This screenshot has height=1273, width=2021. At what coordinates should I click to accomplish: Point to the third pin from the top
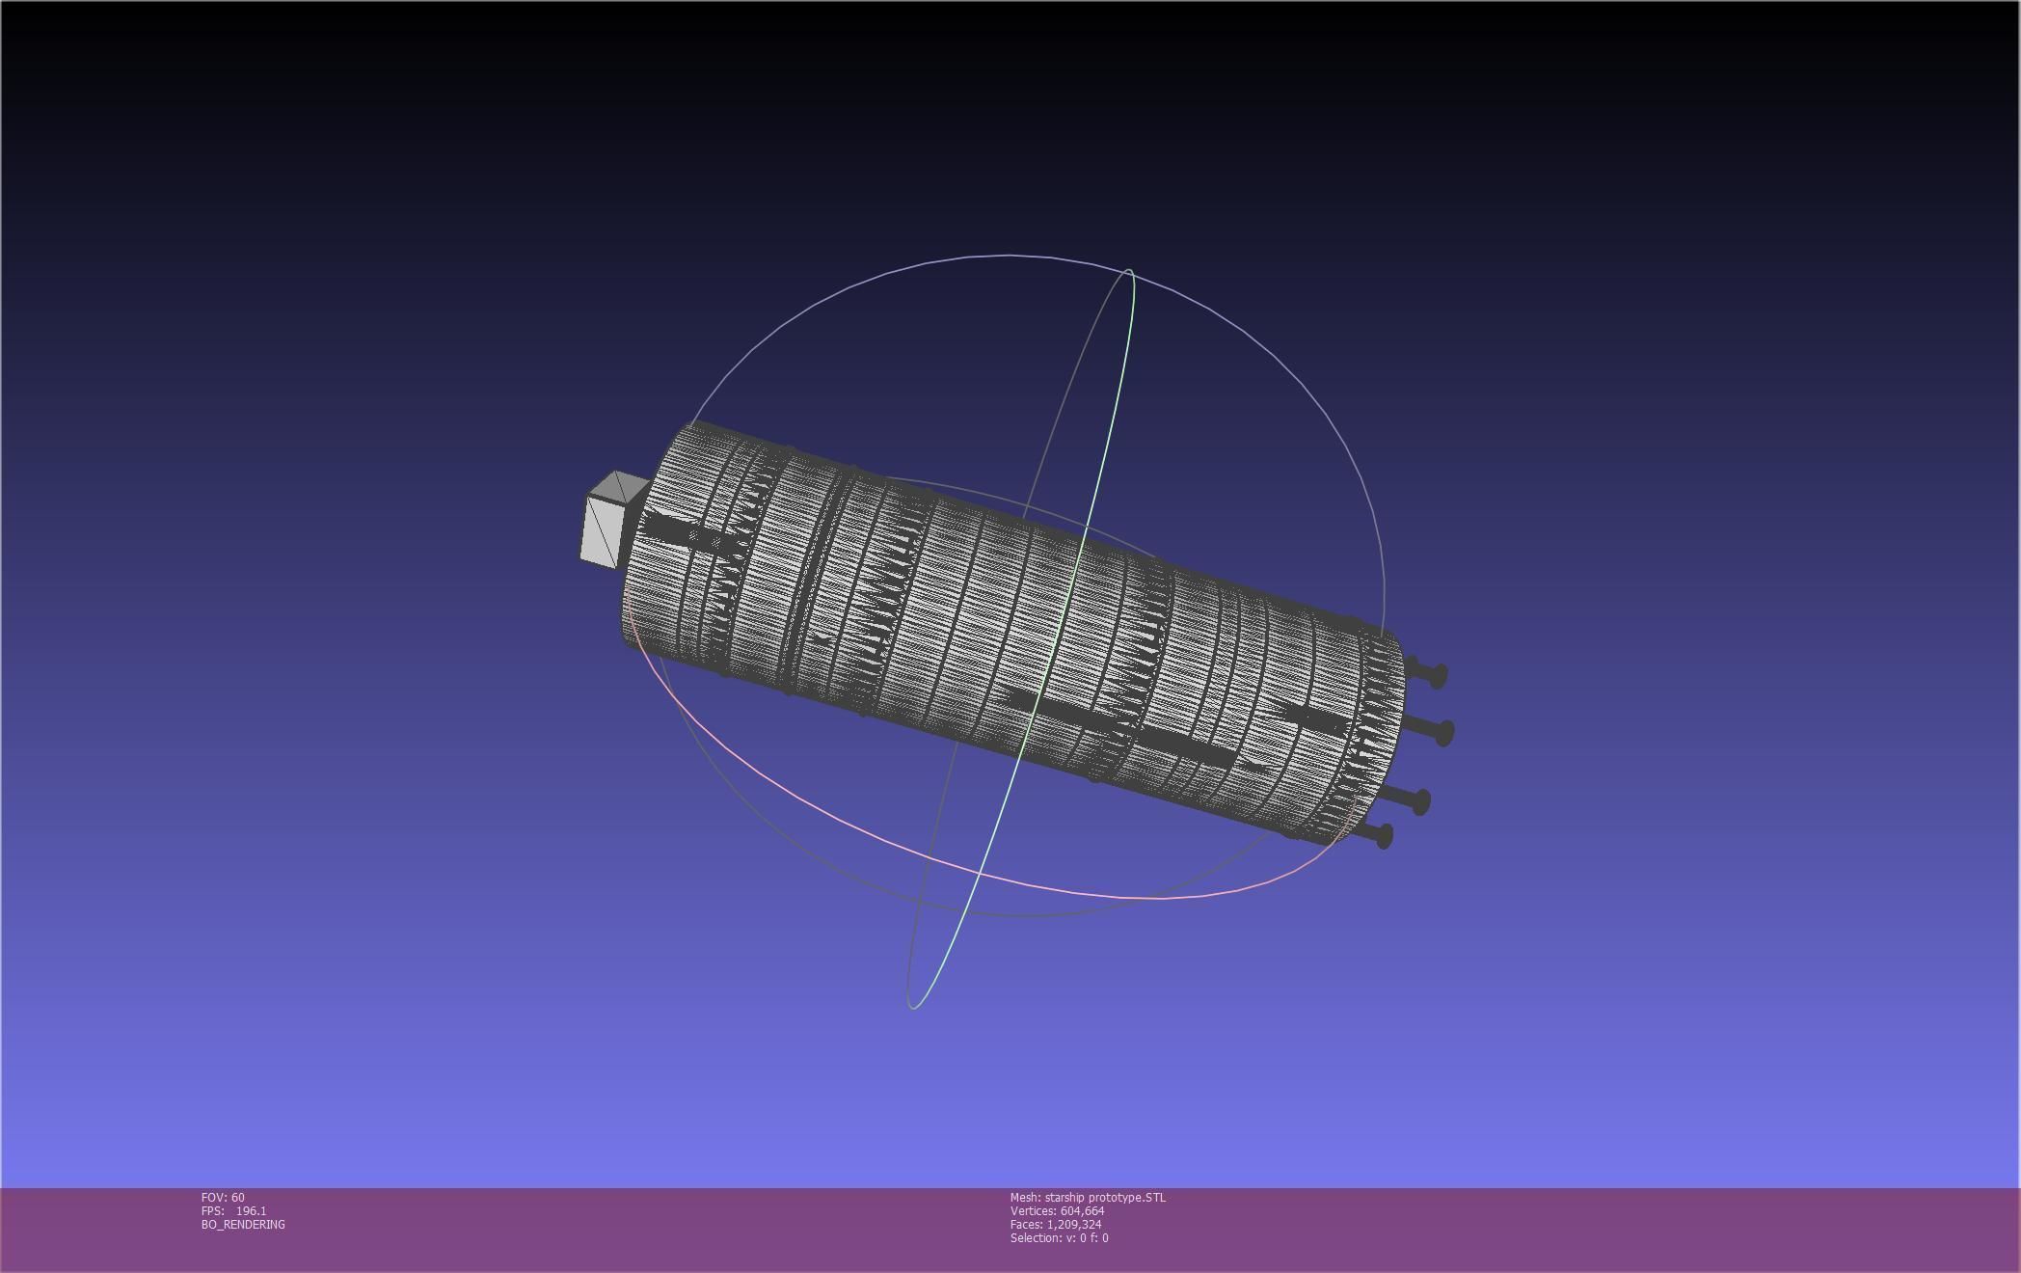(1418, 800)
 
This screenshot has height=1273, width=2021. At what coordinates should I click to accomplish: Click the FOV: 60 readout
(223, 1198)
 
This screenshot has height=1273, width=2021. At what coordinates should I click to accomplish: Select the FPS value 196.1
(251, 1211)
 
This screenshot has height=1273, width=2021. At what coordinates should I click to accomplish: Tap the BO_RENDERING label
(243, 1225)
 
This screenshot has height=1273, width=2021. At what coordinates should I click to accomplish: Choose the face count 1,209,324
(1074, 1225)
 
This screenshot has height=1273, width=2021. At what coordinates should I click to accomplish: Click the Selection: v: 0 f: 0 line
(1059, 1238)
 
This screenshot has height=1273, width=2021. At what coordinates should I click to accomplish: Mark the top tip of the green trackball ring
(1128, 271)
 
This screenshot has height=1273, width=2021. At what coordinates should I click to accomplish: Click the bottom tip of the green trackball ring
(912, 1008)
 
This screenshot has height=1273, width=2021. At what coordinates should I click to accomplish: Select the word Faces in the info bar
(1025, 1225)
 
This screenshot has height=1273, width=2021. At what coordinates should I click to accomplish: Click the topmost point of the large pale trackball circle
(1009, 256)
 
